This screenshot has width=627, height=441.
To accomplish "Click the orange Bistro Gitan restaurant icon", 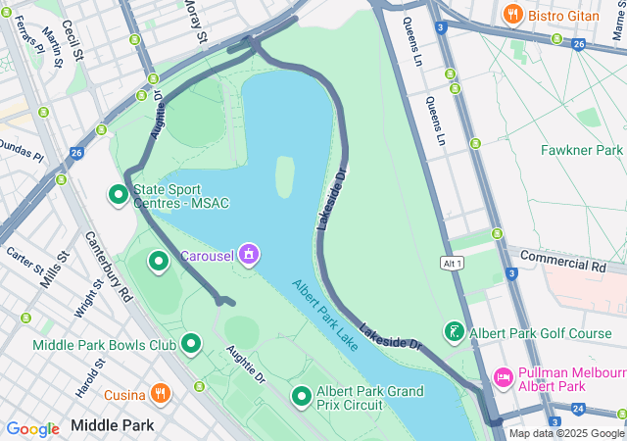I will coord(510,14).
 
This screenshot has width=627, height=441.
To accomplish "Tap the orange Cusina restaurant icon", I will coord(161,394).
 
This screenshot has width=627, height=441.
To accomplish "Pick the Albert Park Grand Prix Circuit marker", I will coord(301,397).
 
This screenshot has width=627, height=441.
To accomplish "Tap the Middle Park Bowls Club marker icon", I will coord(191,344).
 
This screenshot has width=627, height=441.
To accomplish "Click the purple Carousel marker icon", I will coord(249,256).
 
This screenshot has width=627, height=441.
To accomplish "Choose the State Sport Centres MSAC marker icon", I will coord(119,194).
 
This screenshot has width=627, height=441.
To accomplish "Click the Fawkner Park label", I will coord(582,150).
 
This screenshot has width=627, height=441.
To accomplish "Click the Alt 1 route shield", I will coord(452,264).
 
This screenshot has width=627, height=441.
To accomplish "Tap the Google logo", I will coord(32,428).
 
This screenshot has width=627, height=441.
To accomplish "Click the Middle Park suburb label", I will coord(113,426).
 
